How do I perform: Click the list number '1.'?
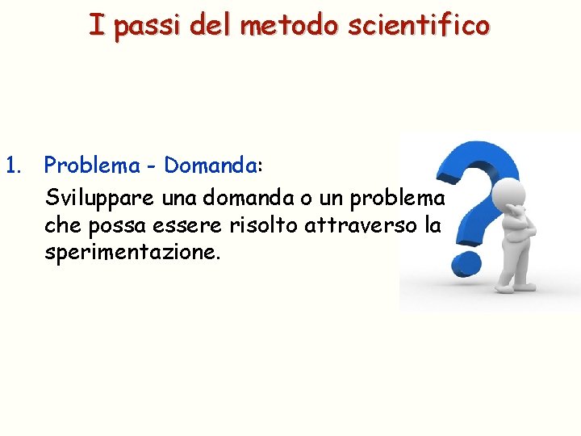[14, 166]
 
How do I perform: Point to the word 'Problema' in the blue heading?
[90, 166]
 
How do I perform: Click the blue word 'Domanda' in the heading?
[210, 166]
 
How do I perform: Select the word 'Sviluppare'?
[94, 199]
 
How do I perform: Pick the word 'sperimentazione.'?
[132, 252]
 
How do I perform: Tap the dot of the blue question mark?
[466, 263]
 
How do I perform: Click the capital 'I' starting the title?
[96, 25]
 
